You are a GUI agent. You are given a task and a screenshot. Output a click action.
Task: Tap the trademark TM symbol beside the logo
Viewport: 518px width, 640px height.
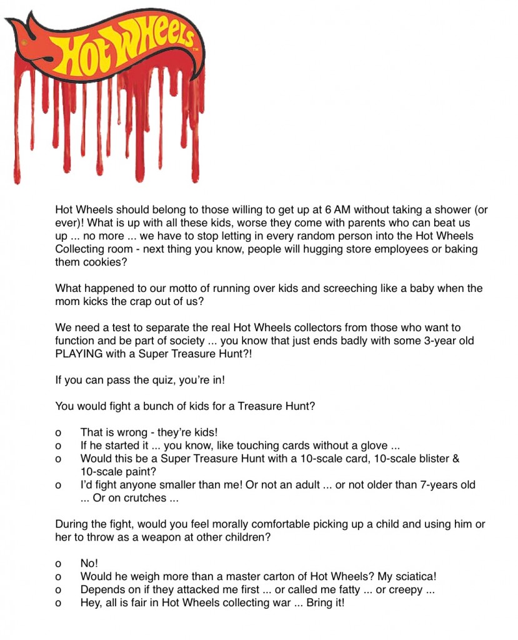point(196,49)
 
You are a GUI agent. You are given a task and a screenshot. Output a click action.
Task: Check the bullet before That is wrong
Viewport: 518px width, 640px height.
point(58,432)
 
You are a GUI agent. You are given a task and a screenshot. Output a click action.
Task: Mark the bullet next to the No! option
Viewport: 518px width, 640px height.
point(58,564)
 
